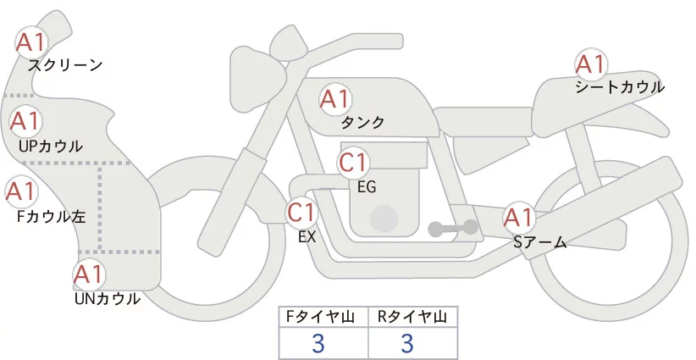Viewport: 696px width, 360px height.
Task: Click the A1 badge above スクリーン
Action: [x=32, y=42]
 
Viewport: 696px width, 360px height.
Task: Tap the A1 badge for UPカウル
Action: [x=25, y=122]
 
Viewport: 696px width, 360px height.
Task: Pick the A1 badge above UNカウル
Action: [x=89, y=274]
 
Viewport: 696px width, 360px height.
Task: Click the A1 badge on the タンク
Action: [x=334, y=100]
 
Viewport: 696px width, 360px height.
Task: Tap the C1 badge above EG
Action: [x=353, y=163]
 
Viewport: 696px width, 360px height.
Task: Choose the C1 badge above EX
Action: [x=302, y=212]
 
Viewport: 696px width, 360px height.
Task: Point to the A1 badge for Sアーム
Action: [x=518, y=218]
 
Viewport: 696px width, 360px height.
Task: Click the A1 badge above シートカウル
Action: [x=590, y=64]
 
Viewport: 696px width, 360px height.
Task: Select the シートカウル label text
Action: [x=620, y=86]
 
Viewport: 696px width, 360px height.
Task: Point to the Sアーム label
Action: [x=539, y=242]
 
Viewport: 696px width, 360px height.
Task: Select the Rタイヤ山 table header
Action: [x=412, y=317]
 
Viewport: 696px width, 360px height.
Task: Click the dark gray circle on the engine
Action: [x=384, y=218]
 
